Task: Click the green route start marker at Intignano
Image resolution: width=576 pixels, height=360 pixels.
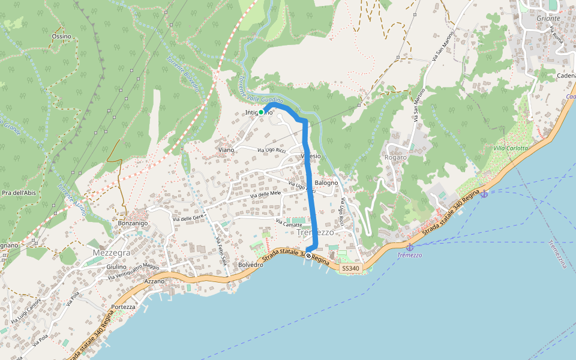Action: (261, 112)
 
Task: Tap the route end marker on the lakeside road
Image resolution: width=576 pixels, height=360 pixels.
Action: (308, 256)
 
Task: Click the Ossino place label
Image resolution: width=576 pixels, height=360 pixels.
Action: (61, 37)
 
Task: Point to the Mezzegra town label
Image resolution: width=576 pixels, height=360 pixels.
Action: (112, 253)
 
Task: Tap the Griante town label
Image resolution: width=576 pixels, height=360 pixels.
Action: (548, 19)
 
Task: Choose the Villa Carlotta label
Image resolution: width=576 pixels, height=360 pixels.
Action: (511, 148)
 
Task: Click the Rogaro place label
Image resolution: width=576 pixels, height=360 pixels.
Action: (396, 157)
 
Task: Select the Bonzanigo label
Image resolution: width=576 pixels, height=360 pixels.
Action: (133, 223)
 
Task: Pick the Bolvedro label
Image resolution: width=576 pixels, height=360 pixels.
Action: (251, 265)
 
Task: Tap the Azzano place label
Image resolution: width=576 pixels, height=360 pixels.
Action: (155, 281)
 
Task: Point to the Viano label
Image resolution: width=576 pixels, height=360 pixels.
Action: (226, 150)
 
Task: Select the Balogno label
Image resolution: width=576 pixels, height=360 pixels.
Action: (326, 182)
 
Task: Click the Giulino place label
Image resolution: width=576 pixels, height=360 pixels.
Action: (116, 266)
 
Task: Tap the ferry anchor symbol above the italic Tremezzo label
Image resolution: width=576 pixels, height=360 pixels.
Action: (410, 247)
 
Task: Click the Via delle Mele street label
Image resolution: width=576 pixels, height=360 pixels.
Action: (266, 194)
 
